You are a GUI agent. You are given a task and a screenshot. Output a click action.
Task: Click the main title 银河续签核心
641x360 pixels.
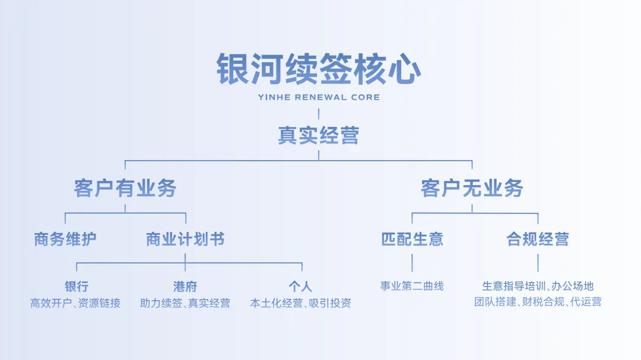pyautogui.click(x=319, y=70)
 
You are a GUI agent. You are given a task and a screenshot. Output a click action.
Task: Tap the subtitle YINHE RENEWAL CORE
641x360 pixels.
pyautogui.click(x=319, y=97)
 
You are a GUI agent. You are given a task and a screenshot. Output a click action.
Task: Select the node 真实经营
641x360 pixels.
pyautogui.click(x=319, y=135)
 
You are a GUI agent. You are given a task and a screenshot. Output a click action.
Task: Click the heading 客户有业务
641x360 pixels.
pyautogui.click(x=125, y=188)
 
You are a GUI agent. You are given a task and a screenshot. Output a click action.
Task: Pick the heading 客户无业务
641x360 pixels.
pyautogui.click(x=472, y=188)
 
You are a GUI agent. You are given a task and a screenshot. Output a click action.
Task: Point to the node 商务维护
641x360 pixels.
pyautogui.click(x=65, y=239)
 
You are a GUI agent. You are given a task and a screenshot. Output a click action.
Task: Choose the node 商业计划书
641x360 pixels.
pyautogui.click(x=185, y=239)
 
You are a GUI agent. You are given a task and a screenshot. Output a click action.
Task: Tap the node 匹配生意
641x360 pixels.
pyautogui.click(x=412, y=239)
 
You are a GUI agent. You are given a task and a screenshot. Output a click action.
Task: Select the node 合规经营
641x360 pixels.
pyautogui.click(x=538, y=239)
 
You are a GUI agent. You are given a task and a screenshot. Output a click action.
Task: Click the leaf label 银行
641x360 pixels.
pyautogui.click(x=77, y=287)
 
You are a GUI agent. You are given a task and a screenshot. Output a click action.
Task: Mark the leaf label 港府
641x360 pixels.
pyautogui.click(x=185, y=287)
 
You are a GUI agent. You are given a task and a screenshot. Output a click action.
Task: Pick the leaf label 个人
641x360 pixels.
pyautogui.click(x=300, y=287)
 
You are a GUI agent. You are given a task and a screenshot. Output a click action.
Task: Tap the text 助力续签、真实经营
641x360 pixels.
pyautogui.click(x=185, y=303)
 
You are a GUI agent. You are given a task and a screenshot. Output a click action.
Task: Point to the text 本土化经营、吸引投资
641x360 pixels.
pyautogui.click(x=300, y=303)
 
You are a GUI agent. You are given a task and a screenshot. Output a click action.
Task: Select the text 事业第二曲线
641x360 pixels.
pyautogui.click(x=412, y=286)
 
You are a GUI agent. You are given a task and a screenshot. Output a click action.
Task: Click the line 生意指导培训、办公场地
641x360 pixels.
pyautogui.click(x=538, y=286)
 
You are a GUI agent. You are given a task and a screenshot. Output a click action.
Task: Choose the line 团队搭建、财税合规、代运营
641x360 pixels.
pyautogui.click(x=538, y=302)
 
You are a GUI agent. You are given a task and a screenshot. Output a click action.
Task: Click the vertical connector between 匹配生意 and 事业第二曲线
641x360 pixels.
pyautogui.click(x=412, y=263)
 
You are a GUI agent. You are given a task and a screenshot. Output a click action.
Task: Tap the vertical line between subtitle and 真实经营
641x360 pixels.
pyautogui.click(x=319, y=114)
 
